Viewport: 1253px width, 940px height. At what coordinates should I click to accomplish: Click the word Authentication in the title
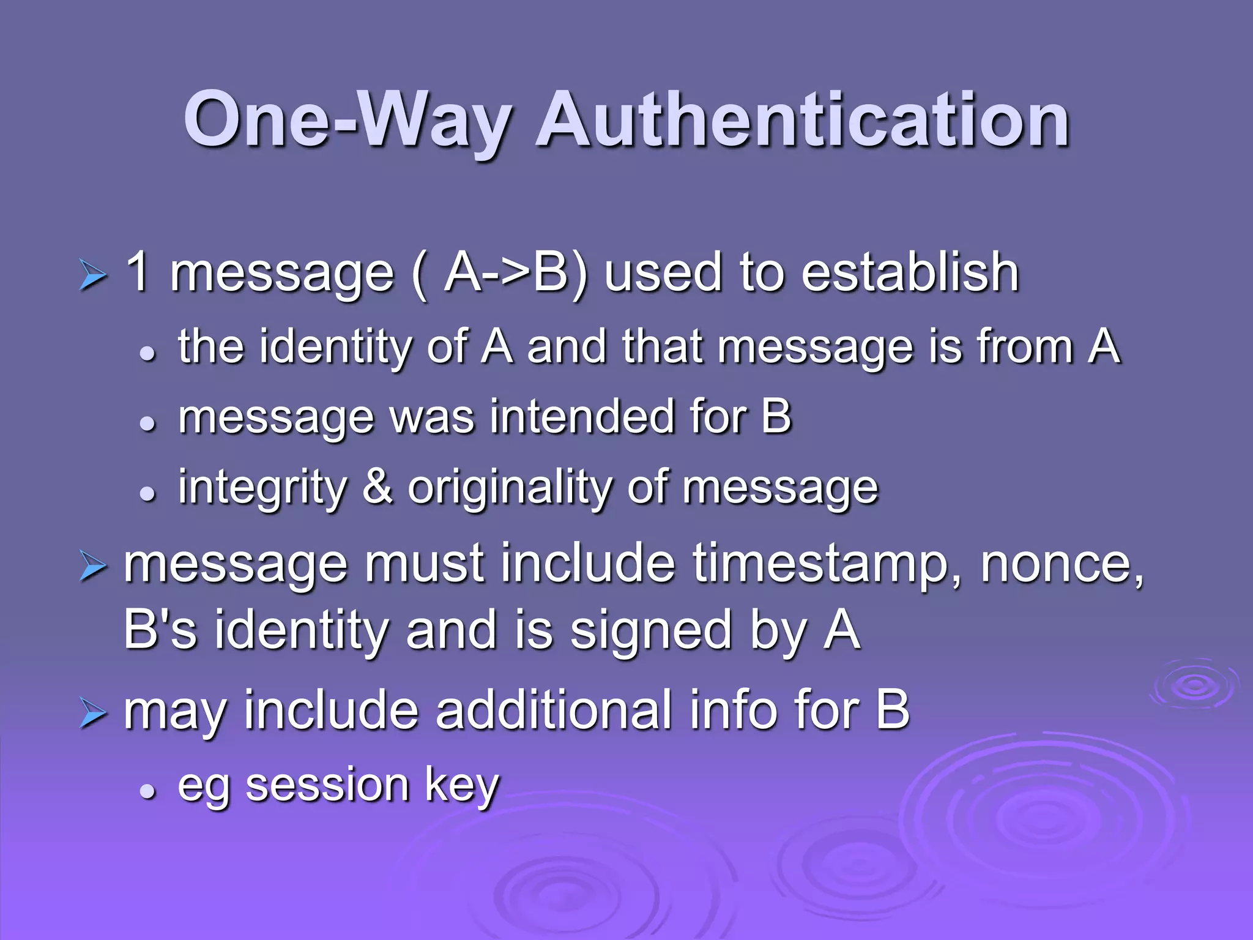[x=803, y=120]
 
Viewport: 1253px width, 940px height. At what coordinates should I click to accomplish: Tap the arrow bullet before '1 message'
[x=93, y=277]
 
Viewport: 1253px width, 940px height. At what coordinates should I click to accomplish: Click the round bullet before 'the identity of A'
[x=147, y=353]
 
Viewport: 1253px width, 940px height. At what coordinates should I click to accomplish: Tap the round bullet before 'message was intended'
[x=147, y=423]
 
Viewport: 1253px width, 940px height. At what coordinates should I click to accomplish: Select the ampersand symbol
[x=377, y=487]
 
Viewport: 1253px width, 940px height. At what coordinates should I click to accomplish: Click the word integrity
[x=262, y=488]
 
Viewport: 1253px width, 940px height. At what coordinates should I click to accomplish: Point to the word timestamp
[x=827, y=564]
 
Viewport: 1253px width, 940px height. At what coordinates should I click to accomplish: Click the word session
[x=327, y=785]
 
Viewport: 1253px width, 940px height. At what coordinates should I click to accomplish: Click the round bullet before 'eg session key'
[x=147, y=792]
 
